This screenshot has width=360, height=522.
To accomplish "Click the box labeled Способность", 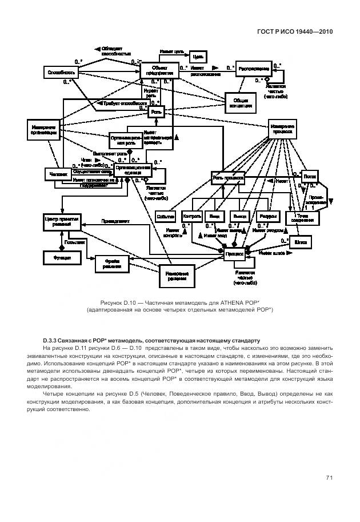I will tap(60, 73).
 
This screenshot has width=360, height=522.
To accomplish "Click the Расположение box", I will tap(253, 67).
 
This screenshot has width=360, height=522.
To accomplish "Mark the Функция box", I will tap(59, 258).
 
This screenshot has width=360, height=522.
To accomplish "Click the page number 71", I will tap(329, 478).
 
